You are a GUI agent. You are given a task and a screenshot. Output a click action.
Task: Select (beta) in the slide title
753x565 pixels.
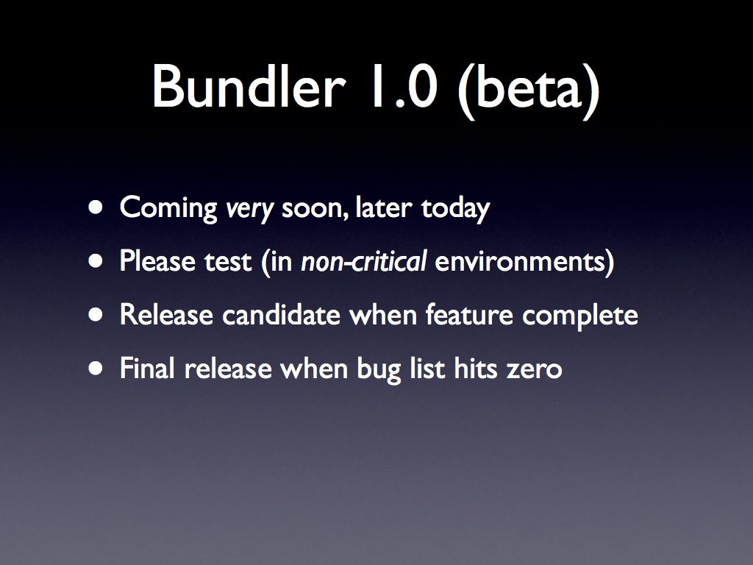click(529, 90)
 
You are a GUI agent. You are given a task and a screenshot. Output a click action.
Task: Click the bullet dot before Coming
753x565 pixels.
click(96, 207)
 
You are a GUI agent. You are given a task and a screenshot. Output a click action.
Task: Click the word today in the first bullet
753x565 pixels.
click(456, 208)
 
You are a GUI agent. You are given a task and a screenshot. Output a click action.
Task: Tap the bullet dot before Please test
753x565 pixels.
click(96, 261)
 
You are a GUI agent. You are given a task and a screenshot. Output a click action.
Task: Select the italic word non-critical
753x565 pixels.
click(363, 261)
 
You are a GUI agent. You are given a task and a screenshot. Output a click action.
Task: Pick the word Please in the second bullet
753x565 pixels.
click(158, 261)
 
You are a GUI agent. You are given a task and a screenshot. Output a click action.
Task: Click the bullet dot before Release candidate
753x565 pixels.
click(96, 315)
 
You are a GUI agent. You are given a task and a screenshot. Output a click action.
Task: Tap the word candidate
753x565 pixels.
click(282, 315)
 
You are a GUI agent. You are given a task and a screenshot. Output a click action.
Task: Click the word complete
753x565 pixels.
click(580, 316)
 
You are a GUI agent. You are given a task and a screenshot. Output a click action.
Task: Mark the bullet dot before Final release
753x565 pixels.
click(96, 369)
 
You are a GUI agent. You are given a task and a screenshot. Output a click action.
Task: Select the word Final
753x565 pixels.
click(147, 368)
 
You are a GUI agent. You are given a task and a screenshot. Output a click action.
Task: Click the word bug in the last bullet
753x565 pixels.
click(379, 370)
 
